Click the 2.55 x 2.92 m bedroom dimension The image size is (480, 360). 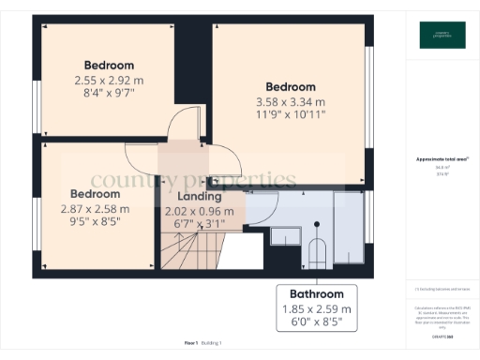(x=110, y=81)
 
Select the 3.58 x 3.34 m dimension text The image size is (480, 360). (x=291, y=102)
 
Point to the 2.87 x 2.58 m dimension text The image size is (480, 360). (x=96, y=209)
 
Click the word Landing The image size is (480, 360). (x=200, y=197)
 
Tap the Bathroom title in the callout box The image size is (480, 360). (x=316, y=293)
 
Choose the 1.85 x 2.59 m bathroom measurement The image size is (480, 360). (x=316, y=308)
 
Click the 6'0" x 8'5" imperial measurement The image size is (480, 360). (x=316, y=322)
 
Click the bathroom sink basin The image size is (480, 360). (x=280, y=235)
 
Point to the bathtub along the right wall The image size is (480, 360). (x=348, y=230)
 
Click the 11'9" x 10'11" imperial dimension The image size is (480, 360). (x=291, y=116)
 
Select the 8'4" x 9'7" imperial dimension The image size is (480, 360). (x=110, y=95)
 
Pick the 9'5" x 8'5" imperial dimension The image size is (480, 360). (x=96, y=223)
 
